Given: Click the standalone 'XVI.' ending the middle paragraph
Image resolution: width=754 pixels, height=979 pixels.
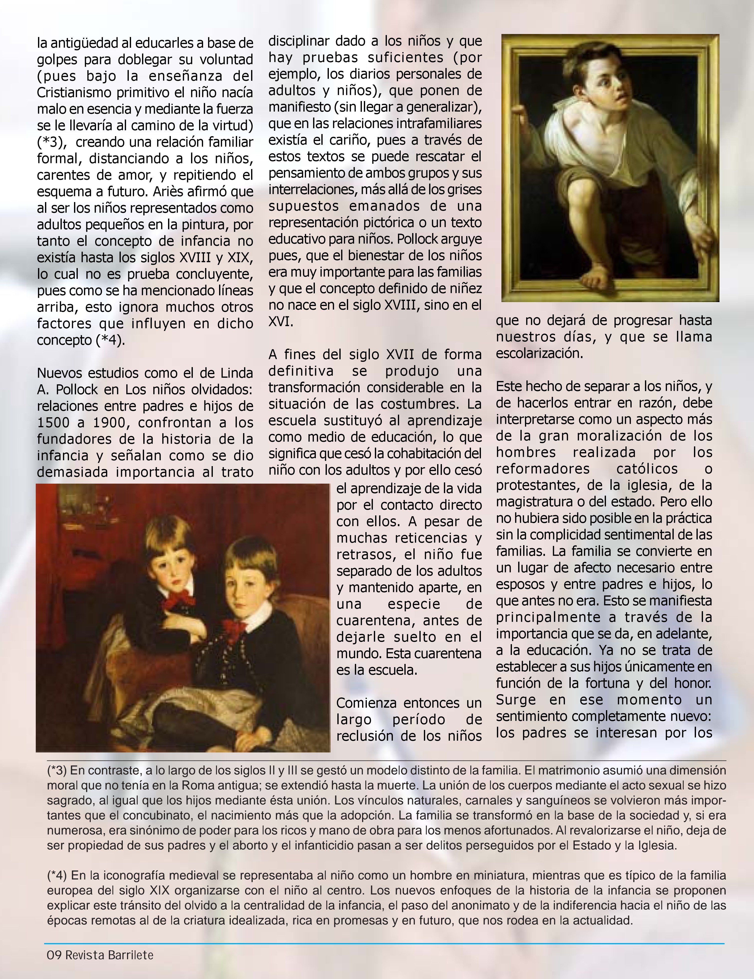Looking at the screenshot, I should (281, 322).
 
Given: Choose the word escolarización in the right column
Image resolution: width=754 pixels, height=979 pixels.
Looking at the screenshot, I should (539, 354).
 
